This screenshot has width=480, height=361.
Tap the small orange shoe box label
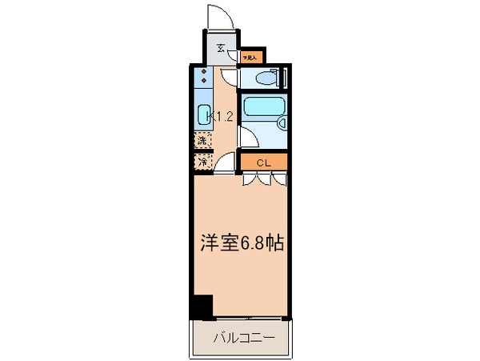tap(251, 58)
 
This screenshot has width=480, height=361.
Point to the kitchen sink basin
tap(203, 115)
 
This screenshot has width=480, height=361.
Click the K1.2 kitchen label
tap(220, 116)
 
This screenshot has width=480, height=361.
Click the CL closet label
tap(262, 162)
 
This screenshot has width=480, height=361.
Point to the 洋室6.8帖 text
tap(241, 243)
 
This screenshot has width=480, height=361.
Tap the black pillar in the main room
tap(202, 306)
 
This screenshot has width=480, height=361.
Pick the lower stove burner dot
tap(205, 82)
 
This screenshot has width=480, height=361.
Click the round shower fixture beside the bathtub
tap(280, 122)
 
